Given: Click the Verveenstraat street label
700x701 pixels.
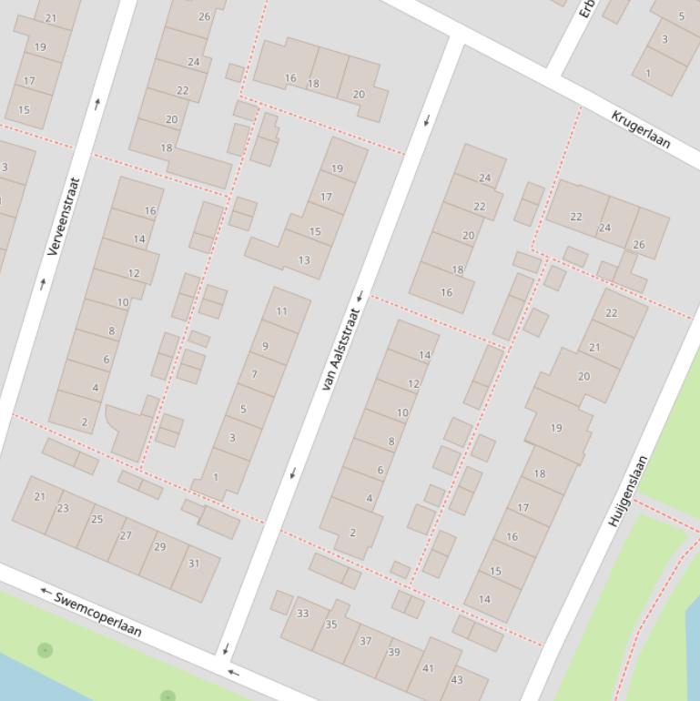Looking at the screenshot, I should [x=64, y=216].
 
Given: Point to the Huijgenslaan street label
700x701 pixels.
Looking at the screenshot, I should [x=628, y=492].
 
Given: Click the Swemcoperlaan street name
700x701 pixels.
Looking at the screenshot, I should [x=98, y=615].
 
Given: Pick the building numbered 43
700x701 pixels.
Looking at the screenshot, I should [x=457, y=679].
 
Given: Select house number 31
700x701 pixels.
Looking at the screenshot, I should [x=194, y=564].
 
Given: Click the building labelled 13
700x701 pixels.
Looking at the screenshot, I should [x=304, y=259].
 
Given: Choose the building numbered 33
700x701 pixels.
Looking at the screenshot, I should [x=302, y=614].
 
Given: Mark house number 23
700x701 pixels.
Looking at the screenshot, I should [x=63, y=508].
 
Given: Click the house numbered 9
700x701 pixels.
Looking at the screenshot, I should [x=265, y=346].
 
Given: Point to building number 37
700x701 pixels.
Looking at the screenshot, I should [x=365, y=641].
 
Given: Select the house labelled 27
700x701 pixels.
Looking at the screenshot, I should [x=126, y=535].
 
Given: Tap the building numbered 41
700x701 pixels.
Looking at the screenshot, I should [x=428, y=668].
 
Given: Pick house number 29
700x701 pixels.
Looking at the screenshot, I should [x=160, y=546].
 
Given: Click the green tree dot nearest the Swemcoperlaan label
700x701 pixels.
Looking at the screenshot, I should [x=45, y=650].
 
